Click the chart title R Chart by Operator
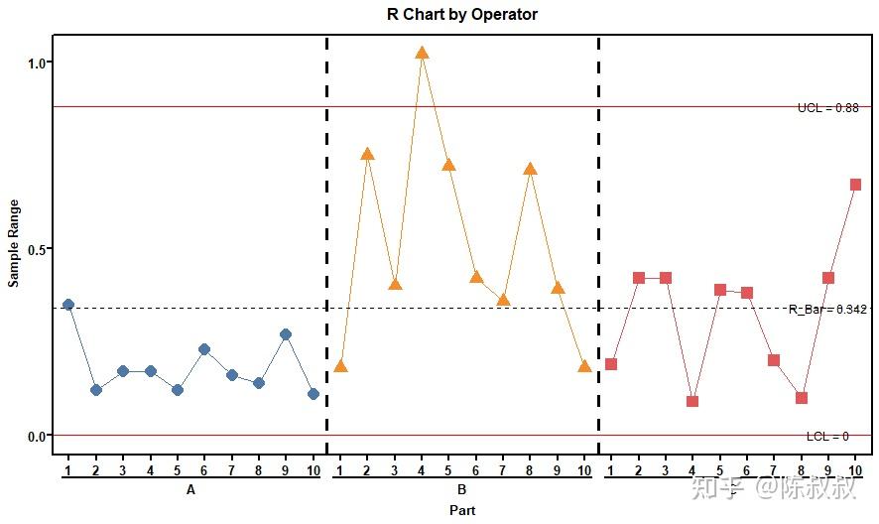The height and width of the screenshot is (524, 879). pos(462,15)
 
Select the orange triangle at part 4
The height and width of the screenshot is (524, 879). pos(422,54)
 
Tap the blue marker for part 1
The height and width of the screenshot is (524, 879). pos(68,305)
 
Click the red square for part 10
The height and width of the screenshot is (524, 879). pos(855,185)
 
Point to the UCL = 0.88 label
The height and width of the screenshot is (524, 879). pos(827,107)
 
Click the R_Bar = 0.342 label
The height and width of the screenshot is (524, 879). pos(828,310)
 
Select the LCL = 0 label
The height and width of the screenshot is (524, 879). pos(827,437)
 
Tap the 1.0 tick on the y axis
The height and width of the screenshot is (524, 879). pos(38,63)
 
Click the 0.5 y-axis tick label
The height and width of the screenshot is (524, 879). pos(38,249)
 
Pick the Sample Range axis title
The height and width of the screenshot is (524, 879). pos(14,244)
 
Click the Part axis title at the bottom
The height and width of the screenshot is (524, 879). pos(461,510)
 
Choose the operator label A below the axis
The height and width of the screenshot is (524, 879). pos(190,490)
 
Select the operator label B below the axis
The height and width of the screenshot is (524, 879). pos(461,490)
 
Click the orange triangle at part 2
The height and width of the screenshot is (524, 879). pos(367,154)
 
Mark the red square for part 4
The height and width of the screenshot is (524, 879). pos(692,402)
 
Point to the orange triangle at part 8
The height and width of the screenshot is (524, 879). pos(530,169)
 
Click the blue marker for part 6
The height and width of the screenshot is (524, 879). pos(204,349)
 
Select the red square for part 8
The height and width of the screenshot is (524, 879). pos(802,398)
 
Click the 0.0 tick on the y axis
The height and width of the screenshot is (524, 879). pos(38,437)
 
